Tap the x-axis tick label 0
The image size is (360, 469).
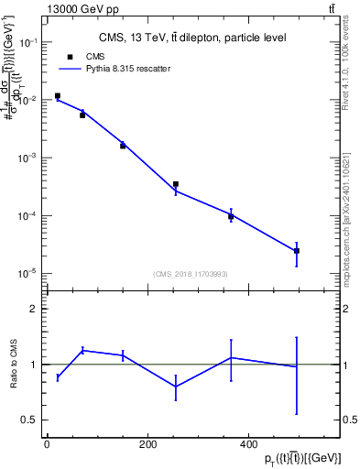click(47, 445)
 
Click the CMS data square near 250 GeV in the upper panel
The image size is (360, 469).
click(175, 184)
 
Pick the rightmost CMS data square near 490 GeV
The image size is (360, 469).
click(297, 251)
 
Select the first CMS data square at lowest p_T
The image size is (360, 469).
click(58, 95)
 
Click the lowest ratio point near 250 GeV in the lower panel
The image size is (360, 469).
click(175, 387)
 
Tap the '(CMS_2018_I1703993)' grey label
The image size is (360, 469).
click(190, 273)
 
